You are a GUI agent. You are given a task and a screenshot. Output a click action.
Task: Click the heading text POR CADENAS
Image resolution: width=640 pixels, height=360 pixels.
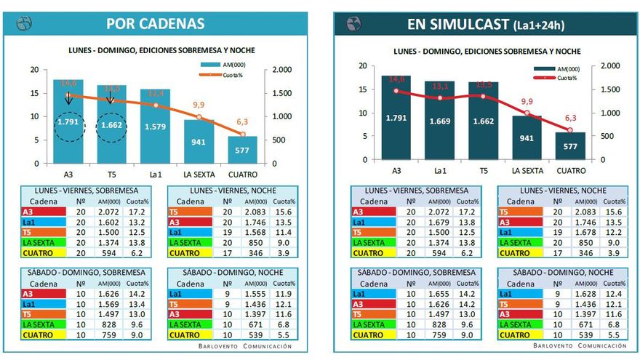[x=156, y=23]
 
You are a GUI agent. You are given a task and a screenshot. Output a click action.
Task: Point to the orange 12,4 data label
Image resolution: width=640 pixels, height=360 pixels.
[x=156, y=93]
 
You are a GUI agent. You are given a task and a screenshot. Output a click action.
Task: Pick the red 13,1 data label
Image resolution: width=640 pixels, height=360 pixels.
[x=440, y=85]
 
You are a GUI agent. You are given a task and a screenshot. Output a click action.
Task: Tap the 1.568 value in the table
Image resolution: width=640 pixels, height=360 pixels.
[x=253, y=232]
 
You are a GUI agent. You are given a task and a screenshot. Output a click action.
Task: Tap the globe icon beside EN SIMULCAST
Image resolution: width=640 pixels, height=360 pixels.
[x=353, y=23]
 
